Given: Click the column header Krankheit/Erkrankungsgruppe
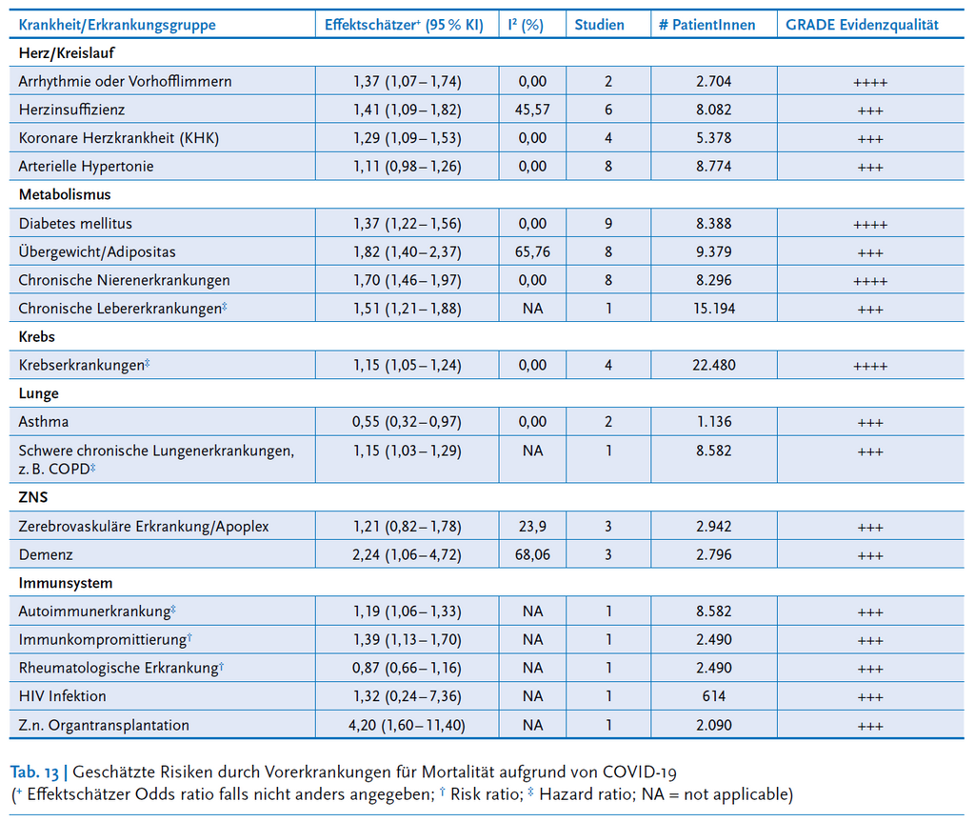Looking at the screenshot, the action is tap(117, 25).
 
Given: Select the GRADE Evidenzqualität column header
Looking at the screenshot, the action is tap(862, 25).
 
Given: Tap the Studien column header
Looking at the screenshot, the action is tap(599, 25).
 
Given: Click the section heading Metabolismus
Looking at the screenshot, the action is tap(65, 194).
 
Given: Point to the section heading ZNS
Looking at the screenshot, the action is tap(33, 497).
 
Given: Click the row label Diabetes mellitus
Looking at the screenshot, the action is tap(75, 224).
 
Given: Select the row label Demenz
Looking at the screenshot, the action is tap(46, 554).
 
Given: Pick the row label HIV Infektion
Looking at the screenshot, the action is tap(62, 696).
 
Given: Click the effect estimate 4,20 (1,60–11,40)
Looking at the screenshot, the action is tap(407, 725).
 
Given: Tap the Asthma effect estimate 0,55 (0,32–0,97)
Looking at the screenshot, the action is tap(407, 422).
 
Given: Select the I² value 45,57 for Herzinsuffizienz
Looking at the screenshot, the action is tap(532, 110).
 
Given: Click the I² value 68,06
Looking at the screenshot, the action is tap(532, 554).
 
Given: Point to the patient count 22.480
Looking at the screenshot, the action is tap(714, 365).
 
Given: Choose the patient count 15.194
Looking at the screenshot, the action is tap(714, 309).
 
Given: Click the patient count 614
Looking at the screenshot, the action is tap(714, 696).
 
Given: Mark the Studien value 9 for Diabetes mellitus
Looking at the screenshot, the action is tap(608, 224).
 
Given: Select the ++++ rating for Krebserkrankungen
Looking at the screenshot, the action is tap(870, 367).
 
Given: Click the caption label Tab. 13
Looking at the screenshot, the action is tap(34, 772).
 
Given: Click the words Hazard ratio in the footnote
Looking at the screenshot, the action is tap(586, 794).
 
